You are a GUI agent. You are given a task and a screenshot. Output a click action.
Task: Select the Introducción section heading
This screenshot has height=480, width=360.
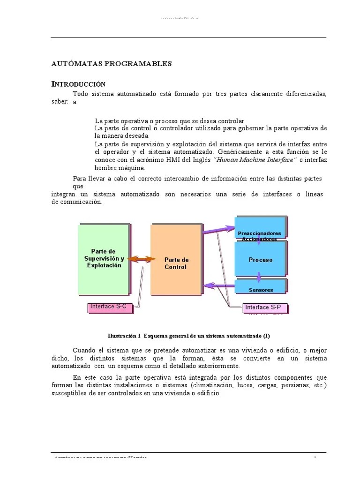78,84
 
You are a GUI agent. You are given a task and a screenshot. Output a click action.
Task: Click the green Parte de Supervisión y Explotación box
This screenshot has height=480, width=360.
104,259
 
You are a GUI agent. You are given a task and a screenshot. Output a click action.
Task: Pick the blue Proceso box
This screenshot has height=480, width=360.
260,259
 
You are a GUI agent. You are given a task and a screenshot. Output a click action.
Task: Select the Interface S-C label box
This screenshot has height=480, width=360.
108,307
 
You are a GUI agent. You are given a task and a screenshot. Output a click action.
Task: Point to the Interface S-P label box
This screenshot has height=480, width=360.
263,308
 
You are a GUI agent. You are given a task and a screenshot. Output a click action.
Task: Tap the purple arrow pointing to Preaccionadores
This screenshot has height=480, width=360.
218,230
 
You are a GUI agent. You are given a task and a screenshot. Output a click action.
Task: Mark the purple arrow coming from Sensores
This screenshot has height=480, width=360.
220,285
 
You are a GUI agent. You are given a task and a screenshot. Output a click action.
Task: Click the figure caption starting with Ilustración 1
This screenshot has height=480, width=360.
189,336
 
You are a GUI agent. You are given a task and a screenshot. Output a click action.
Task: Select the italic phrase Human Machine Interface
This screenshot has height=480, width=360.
255,160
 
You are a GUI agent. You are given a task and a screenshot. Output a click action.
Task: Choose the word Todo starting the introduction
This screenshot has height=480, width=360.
80,94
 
